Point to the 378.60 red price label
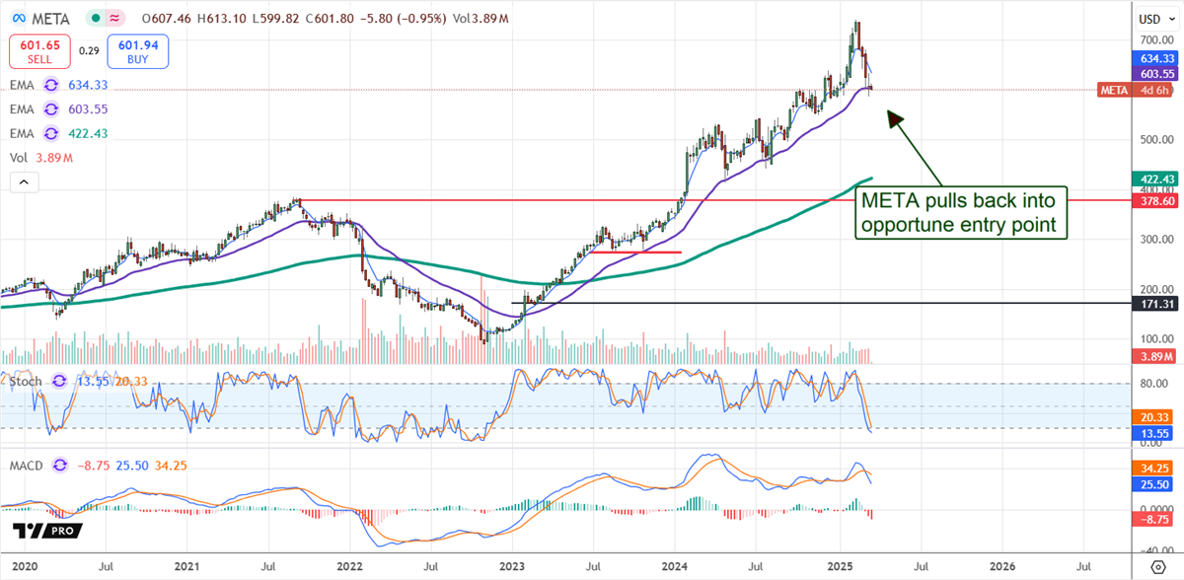point(1153,200)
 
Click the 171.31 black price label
point(1153,304)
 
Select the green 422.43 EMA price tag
point(1153,179)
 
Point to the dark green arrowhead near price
point(894,117)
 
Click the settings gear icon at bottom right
point(1152,566)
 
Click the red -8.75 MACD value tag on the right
point(1153,518)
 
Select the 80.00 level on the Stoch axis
point(1151,384)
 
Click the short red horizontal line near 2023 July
point(636,253)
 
